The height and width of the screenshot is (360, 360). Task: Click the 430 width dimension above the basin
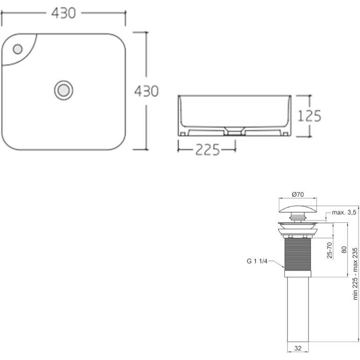[x=64, y=14]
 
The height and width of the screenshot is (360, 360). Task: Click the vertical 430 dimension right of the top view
[x=146, y=91]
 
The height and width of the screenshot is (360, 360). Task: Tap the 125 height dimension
[x=309, y=116]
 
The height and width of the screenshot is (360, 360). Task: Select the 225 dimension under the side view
[x=208, y=150]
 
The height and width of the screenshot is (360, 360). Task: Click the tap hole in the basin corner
[x=18, y=49]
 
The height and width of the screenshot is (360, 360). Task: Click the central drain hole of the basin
[x=64, y=90]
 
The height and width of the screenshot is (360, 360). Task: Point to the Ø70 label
[x=298, y=194]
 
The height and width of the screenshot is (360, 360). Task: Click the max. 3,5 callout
[x=344, y=212]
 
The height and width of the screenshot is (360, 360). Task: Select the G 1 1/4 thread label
[x=257, y=261]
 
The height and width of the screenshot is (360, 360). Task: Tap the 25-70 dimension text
[x=330, y=250]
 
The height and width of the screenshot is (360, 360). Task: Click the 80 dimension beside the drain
[x=344, y=250]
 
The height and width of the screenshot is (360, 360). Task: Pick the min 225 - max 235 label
[x=355, y=274]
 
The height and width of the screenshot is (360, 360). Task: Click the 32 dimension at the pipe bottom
[x=298, y=348]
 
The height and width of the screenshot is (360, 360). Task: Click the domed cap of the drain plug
[x=298, y=209]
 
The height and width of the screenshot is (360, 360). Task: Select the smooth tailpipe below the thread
[x=298, y=309]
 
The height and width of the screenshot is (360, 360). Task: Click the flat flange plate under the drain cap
[x=298, y=223]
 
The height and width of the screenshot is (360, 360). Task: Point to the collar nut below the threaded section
[x=298, y=274]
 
